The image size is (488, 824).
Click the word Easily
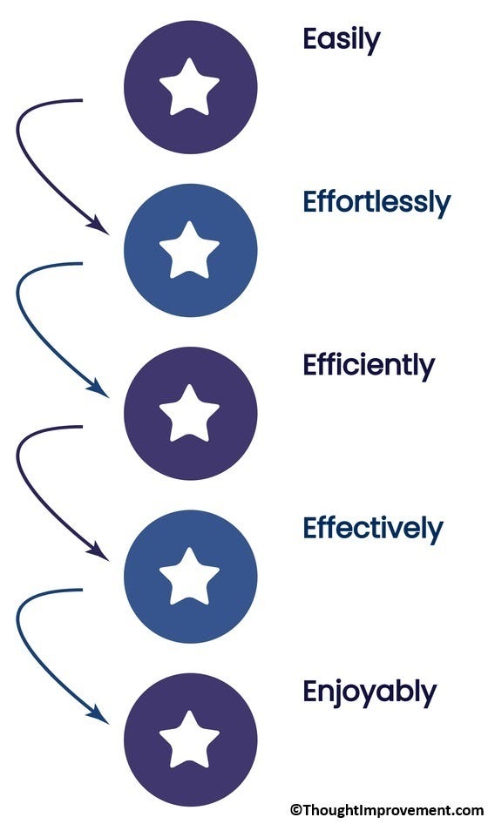pyautogui.click(x=342, y=40)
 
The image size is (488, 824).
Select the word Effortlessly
pyautogui.click(x=376, y=203)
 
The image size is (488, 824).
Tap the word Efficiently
pyautogui.click(x=369, y=367)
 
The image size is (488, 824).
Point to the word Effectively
pyautogui.click(x=373, y=530)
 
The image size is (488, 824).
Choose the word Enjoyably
pyautogui.click(x=369, y=692)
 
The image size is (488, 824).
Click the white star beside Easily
pyautogui.click(x=189, y=87)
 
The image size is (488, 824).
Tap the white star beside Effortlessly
pyautogui.click(x=189, y=251)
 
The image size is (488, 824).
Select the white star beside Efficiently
pyautogui.click(x=189, y=414)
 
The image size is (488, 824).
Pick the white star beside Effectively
pyautogui.click(x=189, y=577)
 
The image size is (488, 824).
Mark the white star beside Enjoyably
pyautogui.click(x=189, y=740)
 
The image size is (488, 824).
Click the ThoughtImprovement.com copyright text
pyautogui.click(x=387, y=810)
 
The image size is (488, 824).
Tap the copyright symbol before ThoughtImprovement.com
pyautogui.click(x=296, y=810)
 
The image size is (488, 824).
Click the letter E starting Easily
pyautogui.click(x=311, y=38)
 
